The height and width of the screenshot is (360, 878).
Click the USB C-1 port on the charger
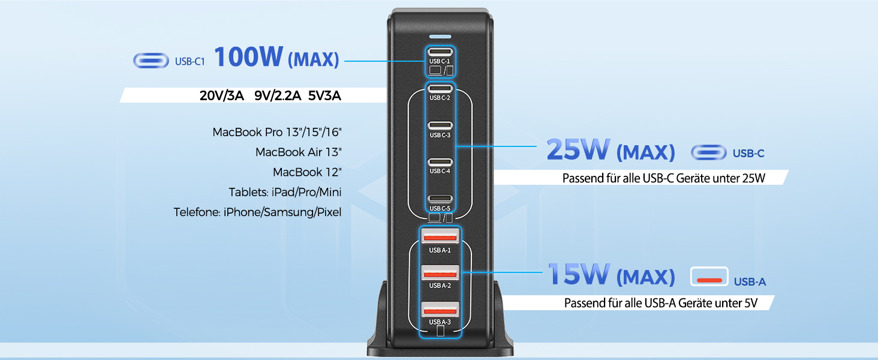[440, 52]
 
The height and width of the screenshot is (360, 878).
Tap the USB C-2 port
[440, 88]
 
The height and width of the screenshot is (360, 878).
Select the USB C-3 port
[440, 125]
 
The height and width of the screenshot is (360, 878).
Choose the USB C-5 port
[440, 199]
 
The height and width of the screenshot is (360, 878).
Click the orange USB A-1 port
[440, 236]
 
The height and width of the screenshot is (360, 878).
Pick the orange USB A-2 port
[440, 273]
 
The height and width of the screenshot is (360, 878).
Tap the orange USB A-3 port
[440, 310]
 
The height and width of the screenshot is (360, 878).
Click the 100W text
[248, 57]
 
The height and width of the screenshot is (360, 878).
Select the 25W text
[578, 151]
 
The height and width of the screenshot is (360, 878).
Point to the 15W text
[578, 275]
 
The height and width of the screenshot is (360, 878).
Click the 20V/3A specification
[222, 96]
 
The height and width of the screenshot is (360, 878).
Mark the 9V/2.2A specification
[277, 96]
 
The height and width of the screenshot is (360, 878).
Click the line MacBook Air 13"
[298, 152]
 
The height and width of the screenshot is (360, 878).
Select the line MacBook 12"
[307, 172]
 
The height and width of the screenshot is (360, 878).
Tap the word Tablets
[248, 193]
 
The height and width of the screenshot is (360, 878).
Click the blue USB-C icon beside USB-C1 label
[151, 61]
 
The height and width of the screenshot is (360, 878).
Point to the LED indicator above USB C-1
[440, 36]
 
